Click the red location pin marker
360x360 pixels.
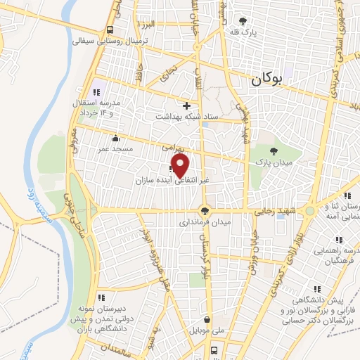point(181,166)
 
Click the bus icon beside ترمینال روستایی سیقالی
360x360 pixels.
point(110,30)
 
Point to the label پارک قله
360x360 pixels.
point(243,32)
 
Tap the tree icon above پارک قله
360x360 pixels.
point(243,21)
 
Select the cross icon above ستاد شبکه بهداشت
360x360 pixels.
point(186,105)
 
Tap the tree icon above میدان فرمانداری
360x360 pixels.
point(205,210)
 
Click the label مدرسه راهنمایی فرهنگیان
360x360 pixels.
point(335,255)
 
